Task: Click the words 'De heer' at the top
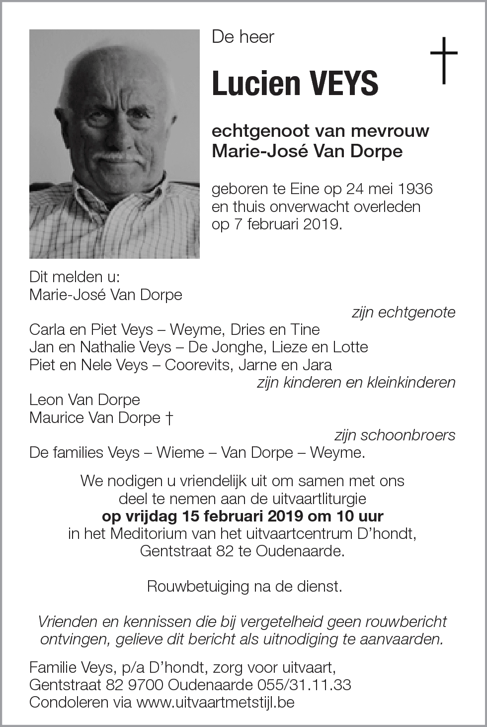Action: coord(243,37)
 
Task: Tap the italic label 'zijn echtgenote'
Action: coord(403,312)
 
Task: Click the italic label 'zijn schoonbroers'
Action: coord(395,435)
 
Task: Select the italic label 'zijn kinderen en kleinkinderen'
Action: coord(356,382)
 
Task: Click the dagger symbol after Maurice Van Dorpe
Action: coord(168,417)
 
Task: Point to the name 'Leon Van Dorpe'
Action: coord(84,400)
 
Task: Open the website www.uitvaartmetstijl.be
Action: coord(215,702)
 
